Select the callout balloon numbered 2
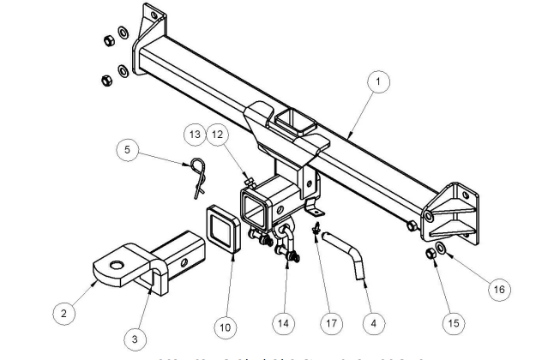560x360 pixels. point(63,314)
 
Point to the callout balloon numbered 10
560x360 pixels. point(226,326)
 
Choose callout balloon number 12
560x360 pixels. point(217,136)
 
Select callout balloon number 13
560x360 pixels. point(195,136)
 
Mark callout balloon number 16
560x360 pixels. point(498,290)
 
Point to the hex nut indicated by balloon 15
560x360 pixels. point(430,255)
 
